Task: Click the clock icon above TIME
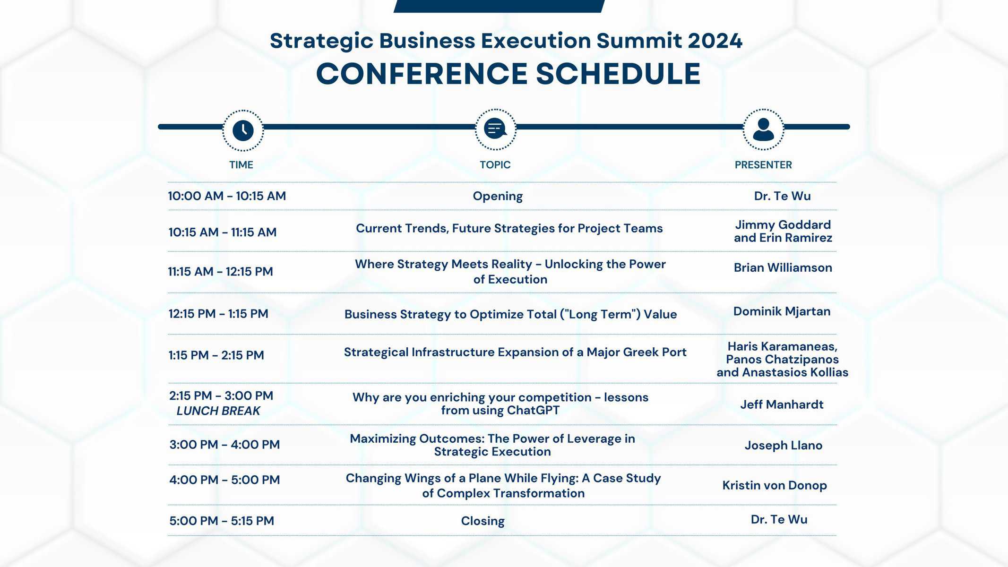coord(243,130)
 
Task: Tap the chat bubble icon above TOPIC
coord(495,129)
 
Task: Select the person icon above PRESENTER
coord(763,129)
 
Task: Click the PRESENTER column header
coord(763,165)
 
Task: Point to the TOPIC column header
coord(495,165)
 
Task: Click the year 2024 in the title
coord(715,41)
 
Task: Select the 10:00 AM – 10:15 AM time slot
coord(227,196)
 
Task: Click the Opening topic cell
coord(498,197)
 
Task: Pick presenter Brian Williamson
coord(783,268)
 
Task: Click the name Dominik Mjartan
coord(782,311)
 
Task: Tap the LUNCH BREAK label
coord(218,411)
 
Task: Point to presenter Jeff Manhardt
coord(782,404)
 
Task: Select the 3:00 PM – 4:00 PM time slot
coord(224,445)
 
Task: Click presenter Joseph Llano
coord(784,446)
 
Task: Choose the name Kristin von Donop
coord(775,486)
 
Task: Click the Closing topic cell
coord(482,521)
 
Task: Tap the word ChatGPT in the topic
coord(533,410)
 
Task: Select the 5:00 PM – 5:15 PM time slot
coord(222,521)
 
